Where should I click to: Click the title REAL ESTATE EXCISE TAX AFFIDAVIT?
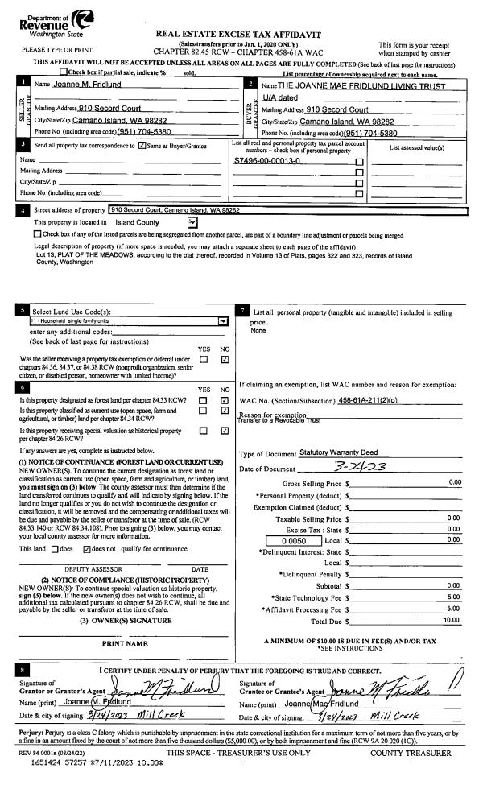(x=242, y=34)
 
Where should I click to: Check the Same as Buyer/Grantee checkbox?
(x=142, y=146)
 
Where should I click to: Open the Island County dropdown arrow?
(x=192, y=222)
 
